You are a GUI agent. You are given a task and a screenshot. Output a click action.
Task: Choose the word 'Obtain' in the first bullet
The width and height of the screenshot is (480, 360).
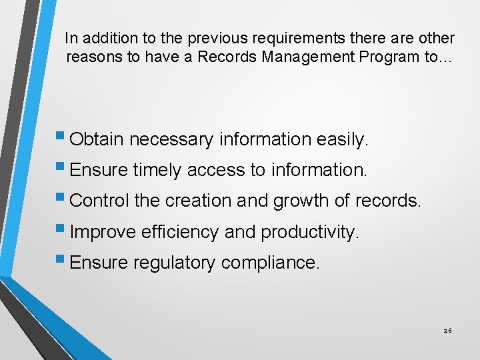pyautogui.click(x=97, y=139)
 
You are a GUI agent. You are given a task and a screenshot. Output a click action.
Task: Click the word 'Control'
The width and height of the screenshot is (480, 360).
pyautogui.click(x=99, y=201)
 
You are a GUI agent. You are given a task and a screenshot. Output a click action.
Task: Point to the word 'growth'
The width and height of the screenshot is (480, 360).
pyautogui.click(x=298, y=201)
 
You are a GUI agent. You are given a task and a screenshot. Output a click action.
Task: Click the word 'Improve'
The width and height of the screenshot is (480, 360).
pyautogui.click(x=102, y=231)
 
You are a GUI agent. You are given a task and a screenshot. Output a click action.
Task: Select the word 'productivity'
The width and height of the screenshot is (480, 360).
pyautogui.click(x=310, y=231)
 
